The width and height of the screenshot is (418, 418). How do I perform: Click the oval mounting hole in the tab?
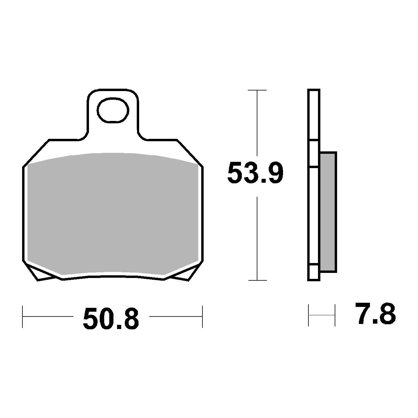click(x=113, y=110)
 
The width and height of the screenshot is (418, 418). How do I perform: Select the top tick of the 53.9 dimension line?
click(x=257, y=90)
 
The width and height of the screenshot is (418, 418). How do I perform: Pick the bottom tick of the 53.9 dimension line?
click(x=257, y=280)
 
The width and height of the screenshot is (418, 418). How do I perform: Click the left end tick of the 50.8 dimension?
click(x=23, y=317)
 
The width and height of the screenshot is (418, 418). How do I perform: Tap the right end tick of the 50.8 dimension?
click(x=202, y=317)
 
